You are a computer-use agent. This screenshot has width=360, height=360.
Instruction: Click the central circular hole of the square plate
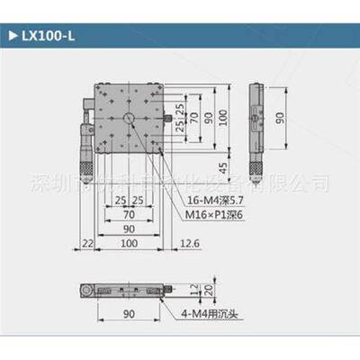click(130, 119)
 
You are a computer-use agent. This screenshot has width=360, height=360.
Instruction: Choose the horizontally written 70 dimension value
click(130, 216)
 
